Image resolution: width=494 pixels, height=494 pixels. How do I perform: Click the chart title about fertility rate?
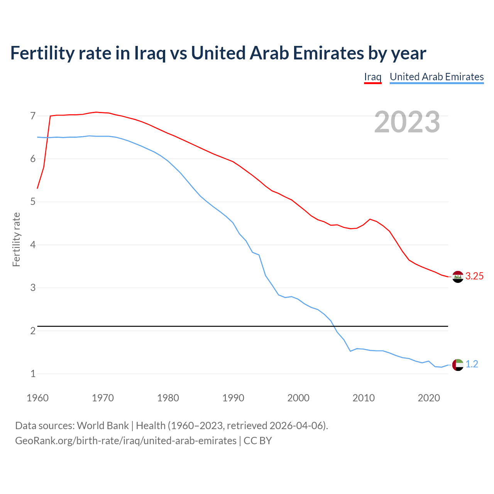(218, 53)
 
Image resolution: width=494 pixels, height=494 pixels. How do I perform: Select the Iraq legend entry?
(372, 77)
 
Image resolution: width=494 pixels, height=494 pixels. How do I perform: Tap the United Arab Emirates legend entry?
(436, 77)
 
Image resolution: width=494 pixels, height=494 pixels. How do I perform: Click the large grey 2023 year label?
(407, 122)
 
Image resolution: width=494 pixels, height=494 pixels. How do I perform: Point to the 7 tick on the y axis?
(33, 116)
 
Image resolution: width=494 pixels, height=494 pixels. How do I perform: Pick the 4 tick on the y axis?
(33, 245)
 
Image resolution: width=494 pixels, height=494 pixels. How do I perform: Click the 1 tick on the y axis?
(33, 374)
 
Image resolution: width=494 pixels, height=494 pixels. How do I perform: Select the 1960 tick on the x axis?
(37, 398)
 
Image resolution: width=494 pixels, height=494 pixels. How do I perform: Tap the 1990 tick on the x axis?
(233, 398)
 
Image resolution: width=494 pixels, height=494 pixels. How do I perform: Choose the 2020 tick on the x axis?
(429, 398)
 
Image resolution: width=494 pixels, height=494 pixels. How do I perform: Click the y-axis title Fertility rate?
(16, 239)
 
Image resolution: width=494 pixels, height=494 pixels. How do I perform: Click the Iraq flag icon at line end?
(458, 277)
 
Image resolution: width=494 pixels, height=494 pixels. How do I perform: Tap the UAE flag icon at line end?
(458, 365)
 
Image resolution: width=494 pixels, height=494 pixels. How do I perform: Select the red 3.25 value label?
(474, 276)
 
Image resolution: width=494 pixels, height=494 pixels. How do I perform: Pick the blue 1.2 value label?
(472, 364)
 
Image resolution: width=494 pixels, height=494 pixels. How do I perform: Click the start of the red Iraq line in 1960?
(37, 188)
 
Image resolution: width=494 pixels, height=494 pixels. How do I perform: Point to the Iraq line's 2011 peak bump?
(370, 219)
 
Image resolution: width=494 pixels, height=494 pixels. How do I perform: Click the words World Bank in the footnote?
(103, 426)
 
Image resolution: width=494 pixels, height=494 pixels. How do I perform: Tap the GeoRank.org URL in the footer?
(126, 441)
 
